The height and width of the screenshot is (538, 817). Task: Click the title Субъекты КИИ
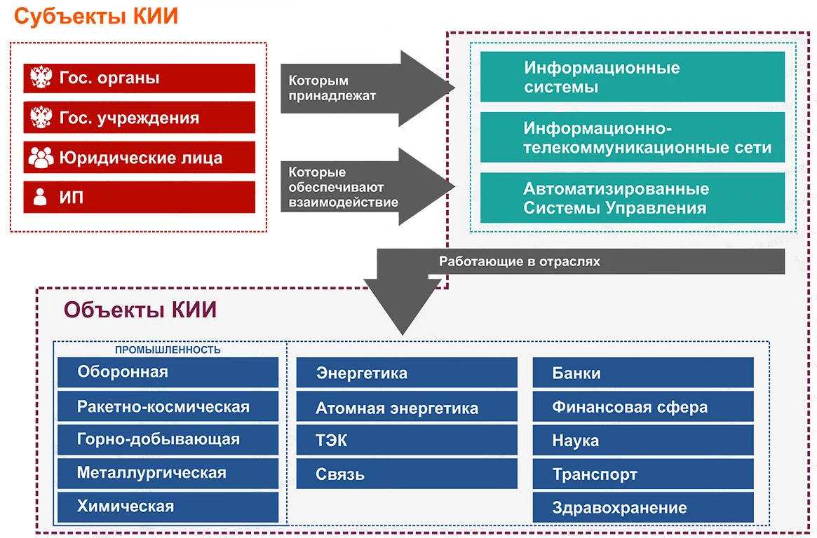click(x=96, y=17)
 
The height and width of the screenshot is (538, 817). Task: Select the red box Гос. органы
click(x=139, y=78)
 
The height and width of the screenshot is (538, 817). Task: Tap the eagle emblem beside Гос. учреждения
click(x=41, y=118)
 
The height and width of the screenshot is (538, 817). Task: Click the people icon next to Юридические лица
click(x=41, y=158)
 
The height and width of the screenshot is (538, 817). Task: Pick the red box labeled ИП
click(x=139, y=198)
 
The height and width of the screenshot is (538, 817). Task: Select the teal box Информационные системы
click(x=632, y=77)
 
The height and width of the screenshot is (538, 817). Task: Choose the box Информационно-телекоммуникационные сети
click(x=632, y=138)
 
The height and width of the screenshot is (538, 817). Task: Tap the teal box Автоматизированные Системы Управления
click(x=632, y=198)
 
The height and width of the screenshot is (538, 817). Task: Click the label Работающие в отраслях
click(x=519, y=262)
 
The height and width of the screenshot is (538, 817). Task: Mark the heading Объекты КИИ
click(x=140, y=310)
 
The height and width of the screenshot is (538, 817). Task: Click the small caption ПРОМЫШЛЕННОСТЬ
click(x=168, y=350)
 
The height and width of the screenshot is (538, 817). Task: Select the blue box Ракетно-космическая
click(x=168, y=406)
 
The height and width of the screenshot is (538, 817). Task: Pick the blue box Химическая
click(x=168, y=506)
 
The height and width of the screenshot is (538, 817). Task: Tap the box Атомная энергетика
click(x=406, y=408)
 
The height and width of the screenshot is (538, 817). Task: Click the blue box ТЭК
click(x=406, y=441)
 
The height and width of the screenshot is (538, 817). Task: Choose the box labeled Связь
click(x=406, y=474)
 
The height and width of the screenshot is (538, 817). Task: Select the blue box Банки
click(x=642, y=373)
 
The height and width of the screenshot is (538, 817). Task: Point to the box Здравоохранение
click(x=642, y=508)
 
